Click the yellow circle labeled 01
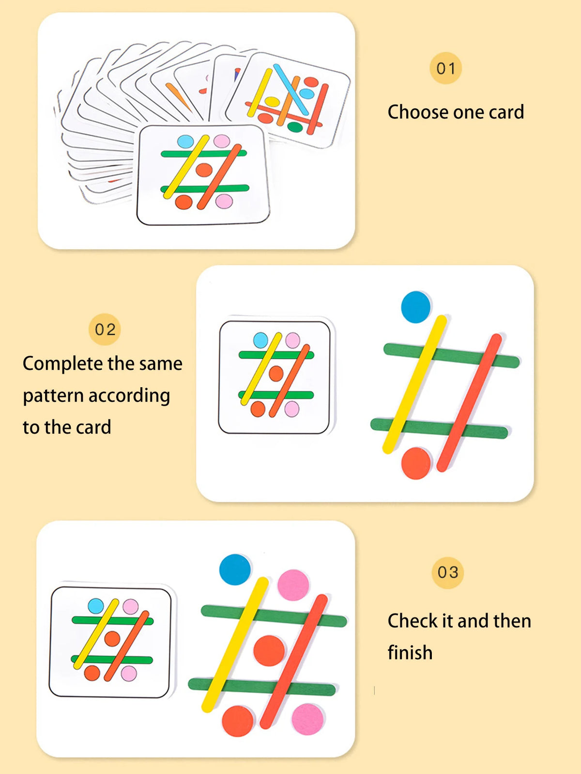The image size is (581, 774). pos(445,68)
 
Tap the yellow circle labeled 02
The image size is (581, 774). pos(105,329)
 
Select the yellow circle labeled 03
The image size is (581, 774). pos(447,572)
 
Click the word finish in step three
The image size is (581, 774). pos(410,652)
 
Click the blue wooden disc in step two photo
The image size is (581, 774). pos(415,307)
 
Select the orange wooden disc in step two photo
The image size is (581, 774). pos(416,463)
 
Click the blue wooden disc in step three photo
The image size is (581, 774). pos(235,569)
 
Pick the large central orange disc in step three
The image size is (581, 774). pos(269,651)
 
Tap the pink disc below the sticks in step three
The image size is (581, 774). pos(307,719)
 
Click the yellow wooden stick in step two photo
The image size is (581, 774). pos(414,384)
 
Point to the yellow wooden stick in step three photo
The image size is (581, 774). pos(235,645)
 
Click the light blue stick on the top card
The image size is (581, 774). pos(291,90)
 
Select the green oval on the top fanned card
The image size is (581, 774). pos(295,127)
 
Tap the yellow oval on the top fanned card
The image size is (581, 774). pos(272,102)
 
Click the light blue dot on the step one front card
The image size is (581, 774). pos(185,141)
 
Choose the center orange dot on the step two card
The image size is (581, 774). pos(276,373)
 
